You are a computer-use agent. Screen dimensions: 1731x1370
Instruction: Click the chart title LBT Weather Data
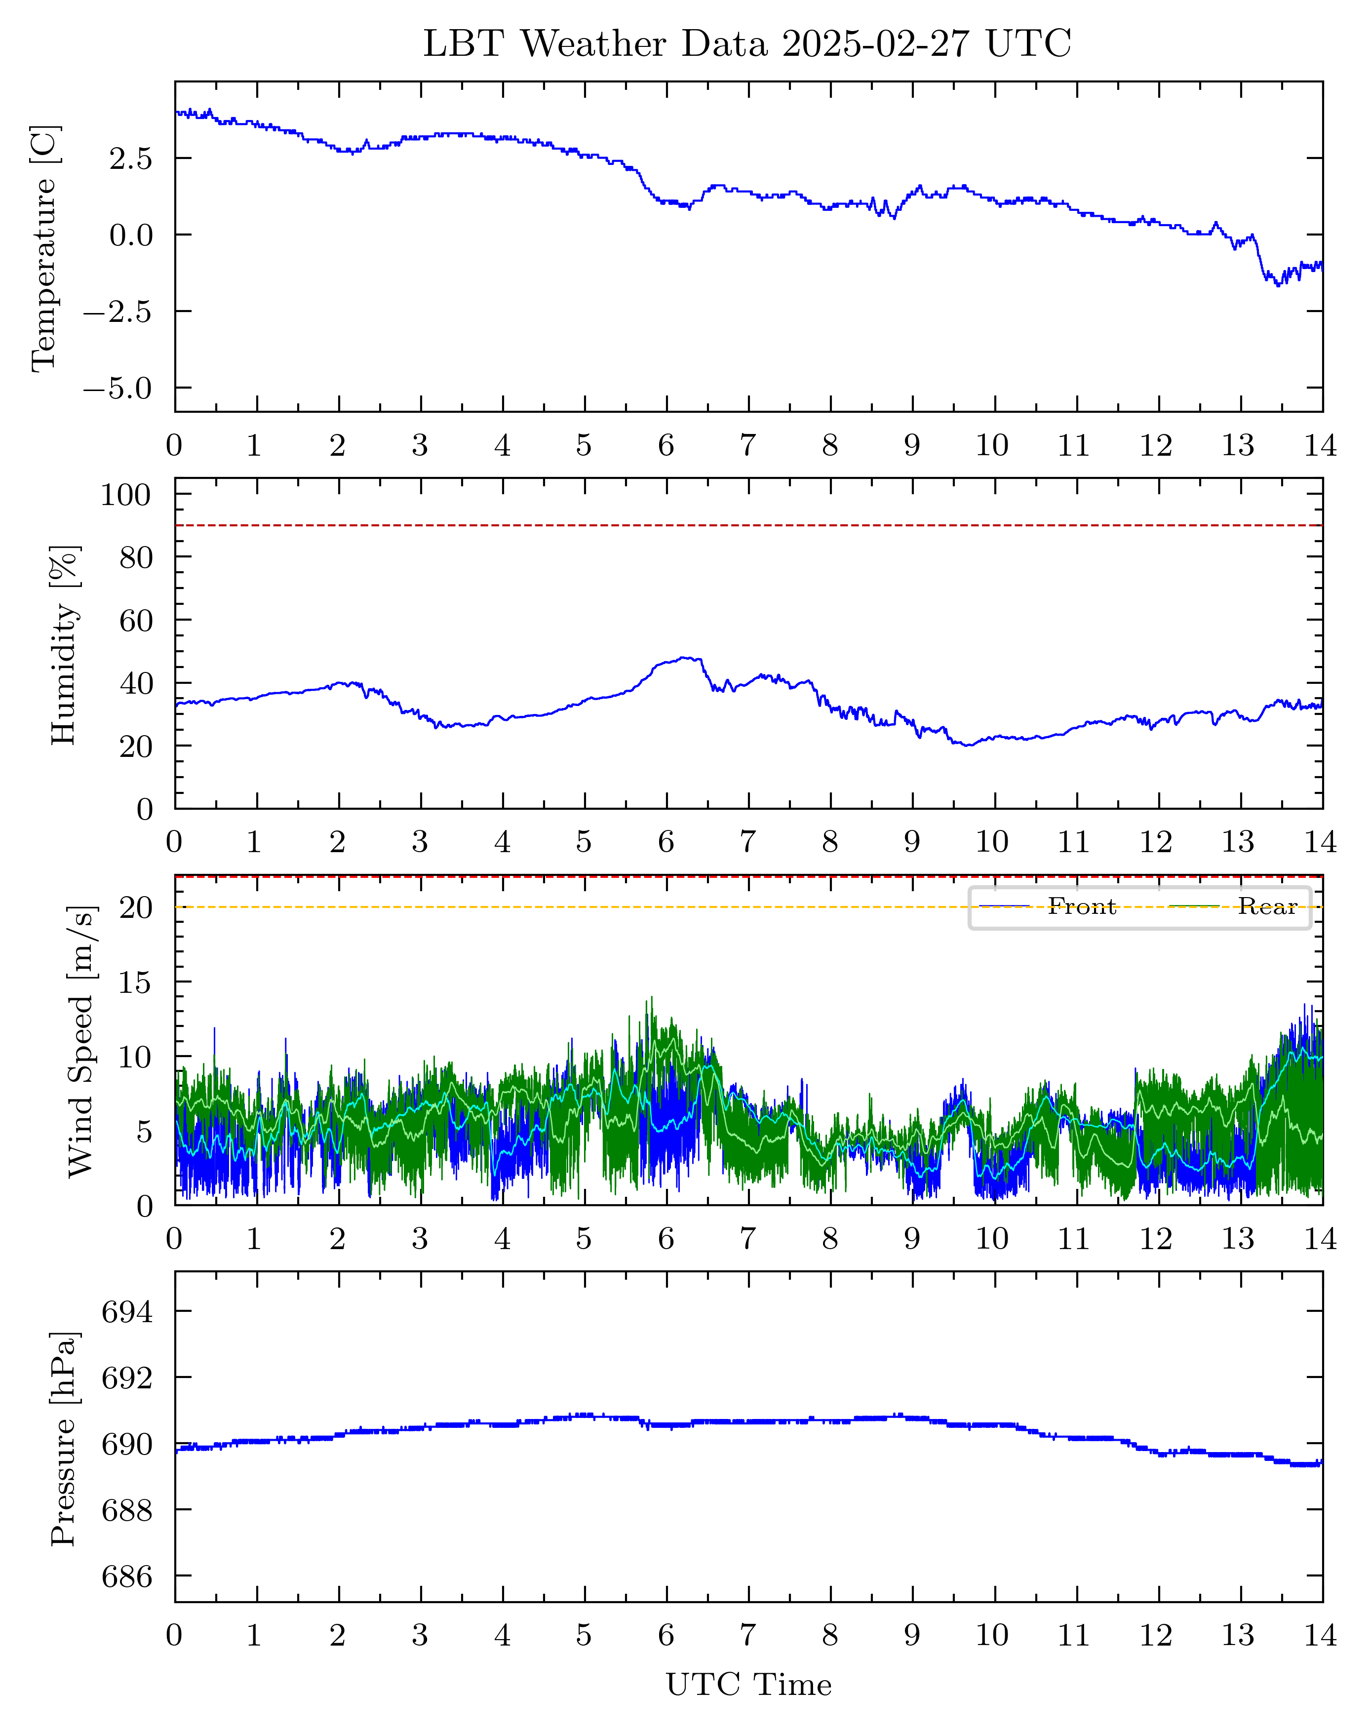tap(747, 44)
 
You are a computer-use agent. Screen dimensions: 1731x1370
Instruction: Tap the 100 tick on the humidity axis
tap(125, 495)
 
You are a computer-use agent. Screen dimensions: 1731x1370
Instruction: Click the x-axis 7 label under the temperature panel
tap(747, 446)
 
